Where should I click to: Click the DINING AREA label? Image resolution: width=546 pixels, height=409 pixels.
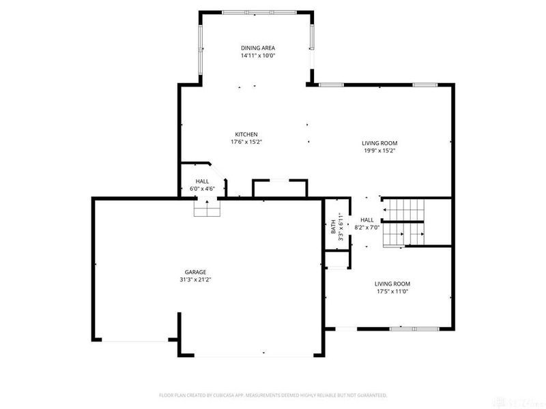pos(257,48)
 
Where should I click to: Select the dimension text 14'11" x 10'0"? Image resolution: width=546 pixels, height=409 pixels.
pos(257,56)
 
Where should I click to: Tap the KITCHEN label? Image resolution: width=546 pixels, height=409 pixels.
pos(246,134)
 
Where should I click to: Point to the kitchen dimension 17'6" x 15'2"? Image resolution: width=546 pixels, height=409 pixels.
pos(246,142)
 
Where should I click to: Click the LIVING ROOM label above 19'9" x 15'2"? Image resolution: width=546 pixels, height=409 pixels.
pos(379,143)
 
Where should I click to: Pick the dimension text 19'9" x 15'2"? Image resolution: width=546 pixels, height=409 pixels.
pos(379,151)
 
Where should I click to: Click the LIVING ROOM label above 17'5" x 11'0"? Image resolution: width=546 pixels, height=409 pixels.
pos(392,284)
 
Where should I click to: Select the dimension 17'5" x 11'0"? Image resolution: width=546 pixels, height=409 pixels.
pos(392,292)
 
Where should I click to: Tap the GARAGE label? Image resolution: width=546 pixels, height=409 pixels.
pos(195,271)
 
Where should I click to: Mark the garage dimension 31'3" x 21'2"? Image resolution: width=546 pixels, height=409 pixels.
pos(195,279)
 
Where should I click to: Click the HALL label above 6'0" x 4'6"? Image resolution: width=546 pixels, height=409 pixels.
pos(202,181)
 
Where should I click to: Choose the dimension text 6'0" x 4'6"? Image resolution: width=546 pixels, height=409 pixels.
pos(202,189)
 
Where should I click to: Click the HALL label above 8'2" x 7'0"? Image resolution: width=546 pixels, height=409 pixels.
pos(367,219)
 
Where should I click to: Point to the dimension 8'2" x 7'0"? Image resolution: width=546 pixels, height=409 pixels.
pos(367,228)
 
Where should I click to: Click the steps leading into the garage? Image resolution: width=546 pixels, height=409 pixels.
pos(207,209)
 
